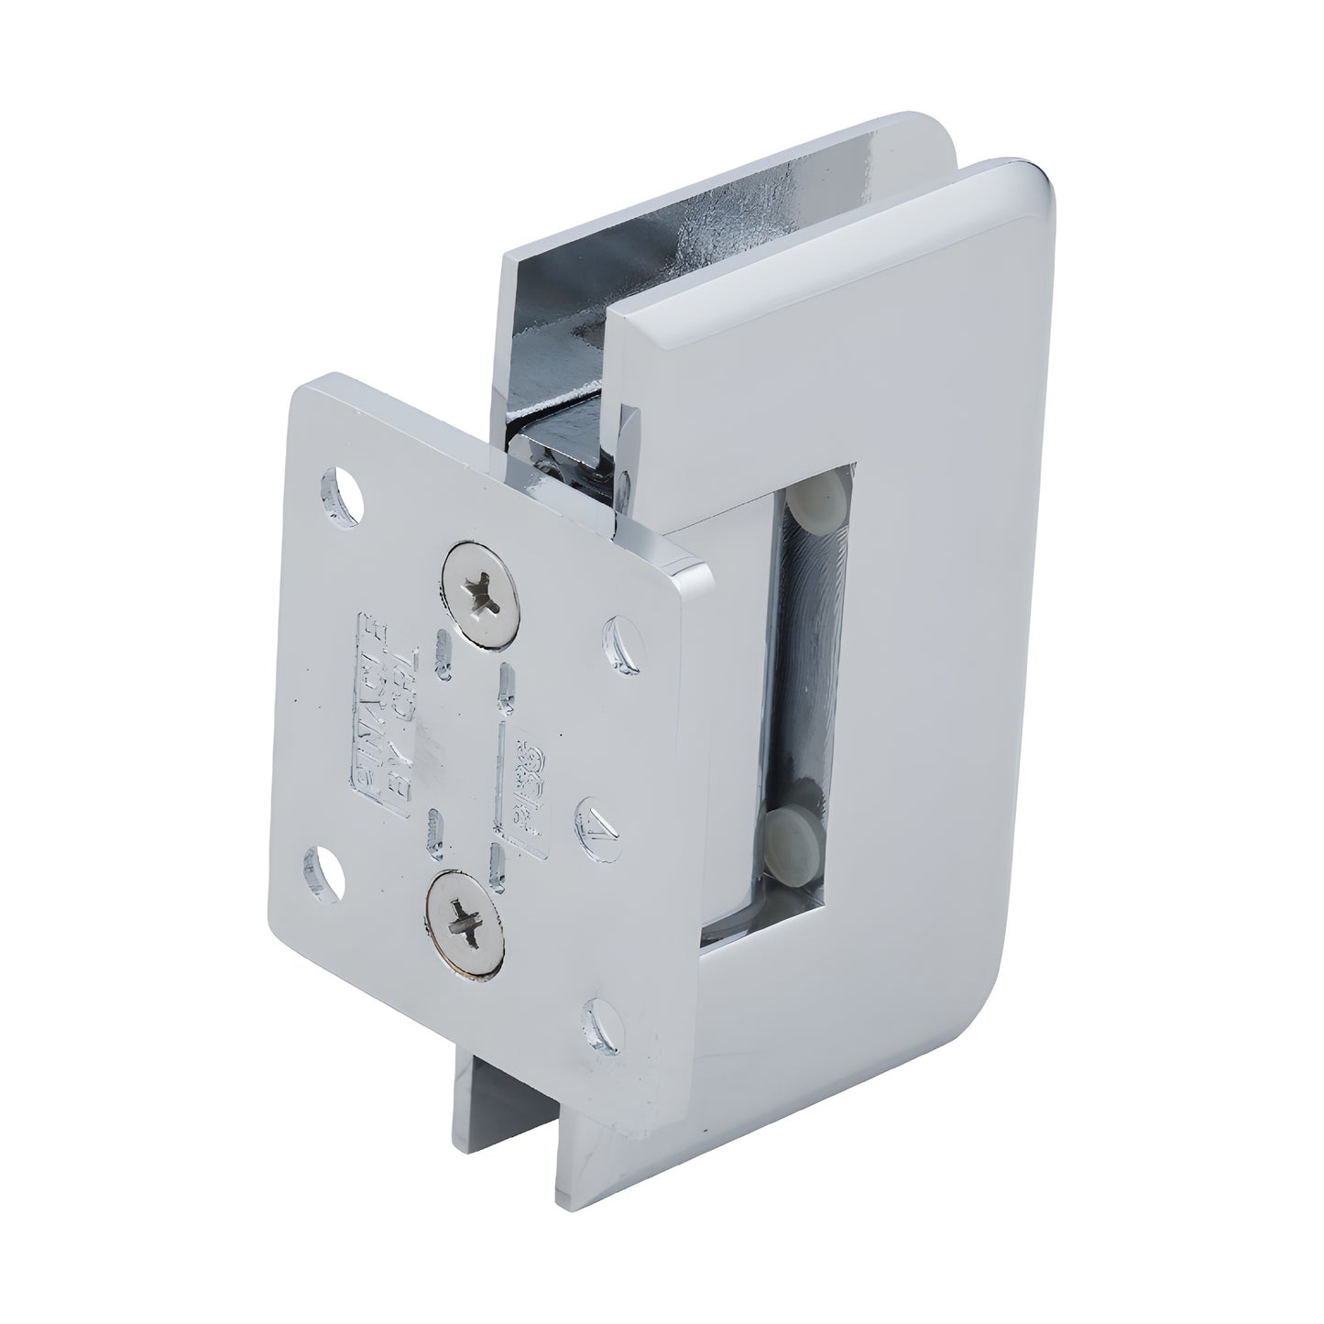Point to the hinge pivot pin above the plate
click(x=550, y=454)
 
